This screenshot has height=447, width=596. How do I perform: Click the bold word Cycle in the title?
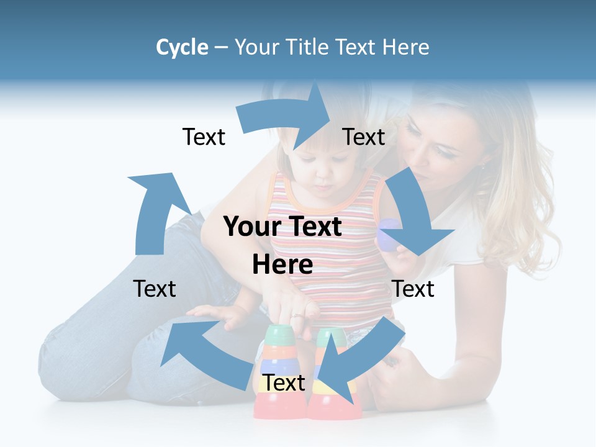coord(181,47)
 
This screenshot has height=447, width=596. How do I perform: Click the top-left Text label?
coord(204,137)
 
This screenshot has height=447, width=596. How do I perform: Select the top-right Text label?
coord(364,137)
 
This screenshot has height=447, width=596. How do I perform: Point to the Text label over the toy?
coord(284,383)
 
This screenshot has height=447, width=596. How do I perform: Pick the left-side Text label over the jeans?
coord(155,289)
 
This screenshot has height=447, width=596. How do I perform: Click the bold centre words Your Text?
coord(282,227)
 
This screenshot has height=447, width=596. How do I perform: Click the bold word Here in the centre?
coord(282,265)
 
